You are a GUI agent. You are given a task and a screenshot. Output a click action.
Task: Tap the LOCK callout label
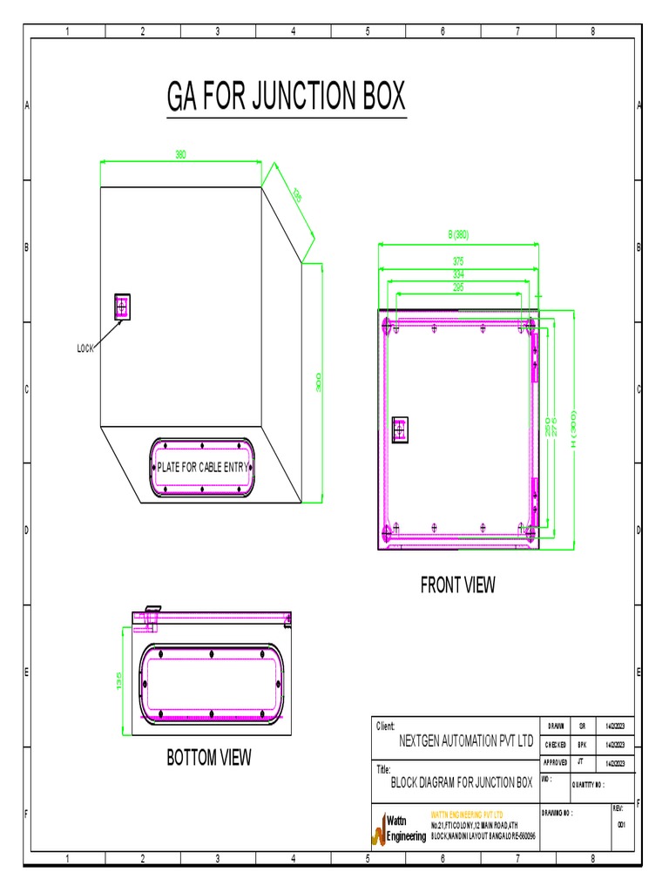[84, 348]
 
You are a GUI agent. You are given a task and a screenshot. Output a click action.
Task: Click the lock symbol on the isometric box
[121, 306]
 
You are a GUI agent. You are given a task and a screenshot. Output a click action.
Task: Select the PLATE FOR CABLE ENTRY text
[202, 468]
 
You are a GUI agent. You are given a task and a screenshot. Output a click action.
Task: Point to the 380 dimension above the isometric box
[180, 155]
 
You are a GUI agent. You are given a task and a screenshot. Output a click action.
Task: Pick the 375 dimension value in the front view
[458, 260]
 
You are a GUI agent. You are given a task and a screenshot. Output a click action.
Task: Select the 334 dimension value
[458, 274]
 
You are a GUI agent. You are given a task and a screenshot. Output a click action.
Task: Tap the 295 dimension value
[458, 287]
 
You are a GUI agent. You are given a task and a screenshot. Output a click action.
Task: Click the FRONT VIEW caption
[457, 585]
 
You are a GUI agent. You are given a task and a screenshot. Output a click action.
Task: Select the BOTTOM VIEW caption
[208, 758]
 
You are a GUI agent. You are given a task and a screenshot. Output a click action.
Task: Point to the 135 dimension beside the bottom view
[120, 680]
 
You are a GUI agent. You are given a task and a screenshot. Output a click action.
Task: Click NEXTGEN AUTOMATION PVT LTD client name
[465, 742]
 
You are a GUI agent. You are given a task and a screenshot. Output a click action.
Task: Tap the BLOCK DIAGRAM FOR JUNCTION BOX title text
[461, 783]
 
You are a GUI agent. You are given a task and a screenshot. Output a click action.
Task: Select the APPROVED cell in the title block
[556, 761]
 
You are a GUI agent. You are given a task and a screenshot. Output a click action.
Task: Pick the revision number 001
[621, 824]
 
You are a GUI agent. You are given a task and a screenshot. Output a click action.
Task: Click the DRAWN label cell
[556, 726]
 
